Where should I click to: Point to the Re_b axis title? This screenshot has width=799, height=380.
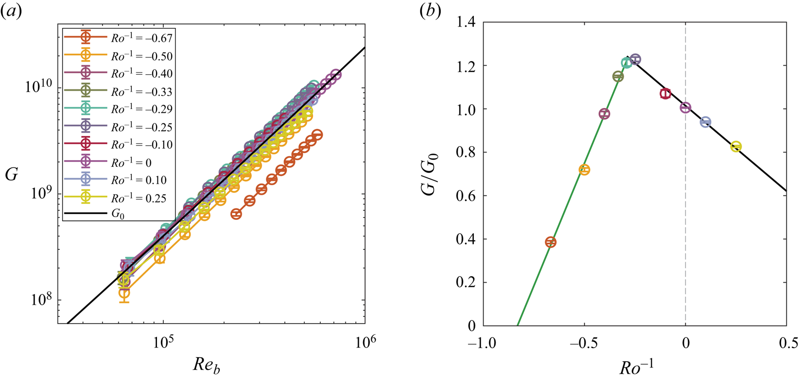point(207,365)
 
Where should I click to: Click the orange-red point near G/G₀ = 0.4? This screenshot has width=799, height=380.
point(550,242)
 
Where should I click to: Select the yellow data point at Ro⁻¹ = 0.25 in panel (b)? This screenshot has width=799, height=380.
point(735,147)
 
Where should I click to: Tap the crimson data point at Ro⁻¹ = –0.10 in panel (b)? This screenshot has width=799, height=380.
point(665,94)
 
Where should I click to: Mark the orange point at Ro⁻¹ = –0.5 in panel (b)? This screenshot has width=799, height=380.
point(584,170)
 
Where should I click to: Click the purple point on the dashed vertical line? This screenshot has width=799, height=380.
point(685,108)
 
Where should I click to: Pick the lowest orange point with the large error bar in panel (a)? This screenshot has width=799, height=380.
point(124,293)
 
